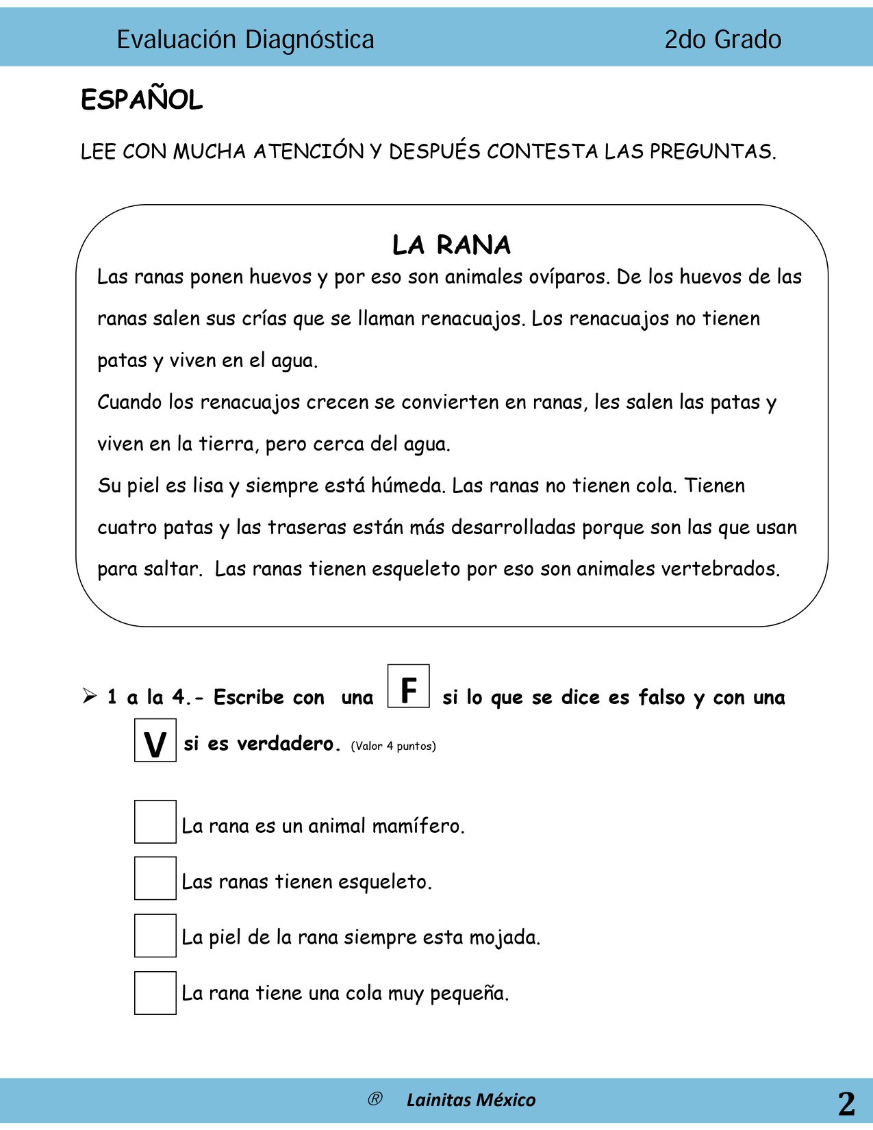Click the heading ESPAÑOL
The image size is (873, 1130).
tap(142, 100)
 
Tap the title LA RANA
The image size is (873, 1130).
tap(451, 245)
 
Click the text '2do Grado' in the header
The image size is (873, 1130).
tap(722, 40)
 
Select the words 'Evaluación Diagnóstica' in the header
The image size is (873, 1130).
tap(245, 40)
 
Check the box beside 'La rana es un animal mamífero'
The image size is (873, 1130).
tap(155, 822)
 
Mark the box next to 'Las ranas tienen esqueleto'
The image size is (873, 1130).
tap(155, 878)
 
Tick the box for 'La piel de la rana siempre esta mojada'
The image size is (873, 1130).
tap(155, 936)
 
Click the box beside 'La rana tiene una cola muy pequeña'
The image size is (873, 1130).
tap(155, 992)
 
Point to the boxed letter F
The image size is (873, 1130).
tap(409, 686)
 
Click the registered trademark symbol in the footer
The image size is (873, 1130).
tap(375, 1099)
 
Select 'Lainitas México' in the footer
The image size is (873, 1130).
tap(471, 1100)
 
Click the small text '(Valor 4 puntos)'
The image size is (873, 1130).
tap(393, 746)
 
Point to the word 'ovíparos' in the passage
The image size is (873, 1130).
tap(568, 277)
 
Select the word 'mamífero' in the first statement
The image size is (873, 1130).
tap(418, 826)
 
